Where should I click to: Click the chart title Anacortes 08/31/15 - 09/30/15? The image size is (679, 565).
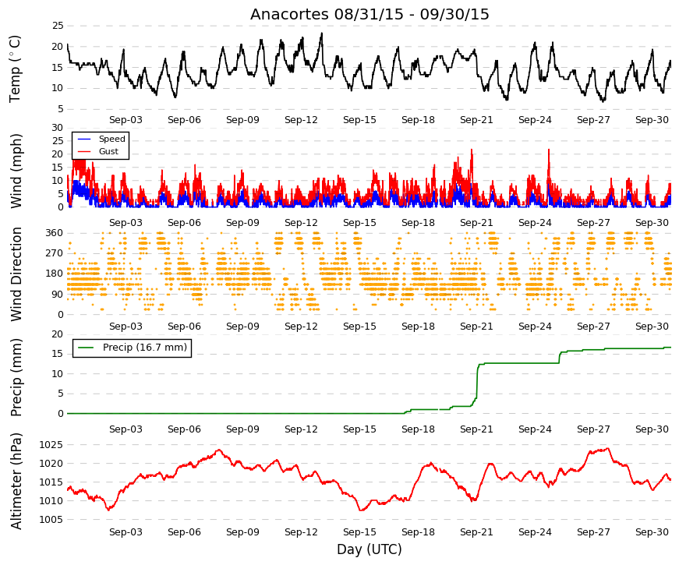click(370, 14)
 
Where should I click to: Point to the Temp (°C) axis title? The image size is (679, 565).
click(15, 69)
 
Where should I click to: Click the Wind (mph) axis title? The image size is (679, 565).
click(16, 171)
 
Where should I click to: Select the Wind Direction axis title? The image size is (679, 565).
click(16, 274)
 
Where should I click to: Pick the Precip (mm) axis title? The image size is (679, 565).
click(16, 377)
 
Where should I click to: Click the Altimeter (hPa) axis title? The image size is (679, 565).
click(16, 481)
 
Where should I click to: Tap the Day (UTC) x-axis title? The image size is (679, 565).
click(370, 549)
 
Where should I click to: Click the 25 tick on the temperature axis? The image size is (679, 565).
click(58, 26)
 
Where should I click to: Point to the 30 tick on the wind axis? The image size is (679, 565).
click(58, 128)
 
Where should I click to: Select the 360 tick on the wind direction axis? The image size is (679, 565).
click(55, 233)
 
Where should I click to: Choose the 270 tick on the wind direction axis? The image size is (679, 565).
click(55, 253)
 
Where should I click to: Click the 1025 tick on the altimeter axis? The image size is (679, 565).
click(51, 445)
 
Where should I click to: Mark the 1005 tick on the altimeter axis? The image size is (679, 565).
click(51, 520)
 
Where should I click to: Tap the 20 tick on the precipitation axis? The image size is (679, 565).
click(58, 334)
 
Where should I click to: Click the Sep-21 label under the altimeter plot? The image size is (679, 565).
click(476, 532)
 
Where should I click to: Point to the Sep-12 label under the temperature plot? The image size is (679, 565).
click(301, 120)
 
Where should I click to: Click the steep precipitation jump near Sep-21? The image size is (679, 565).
click(477, 381)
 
